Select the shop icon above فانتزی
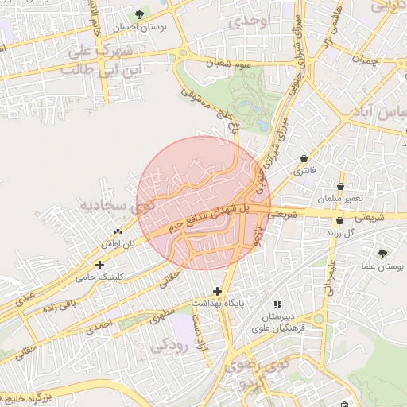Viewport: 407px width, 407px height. point(307,158)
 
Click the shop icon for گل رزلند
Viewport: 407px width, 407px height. point(340,221)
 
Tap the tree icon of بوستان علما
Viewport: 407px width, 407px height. point(384,254)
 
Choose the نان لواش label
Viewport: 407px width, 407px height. point(117,246)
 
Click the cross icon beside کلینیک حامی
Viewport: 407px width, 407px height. point(99,266)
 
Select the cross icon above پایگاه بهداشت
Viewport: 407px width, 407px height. point(217,292)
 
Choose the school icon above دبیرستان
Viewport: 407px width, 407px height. point(277,304)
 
